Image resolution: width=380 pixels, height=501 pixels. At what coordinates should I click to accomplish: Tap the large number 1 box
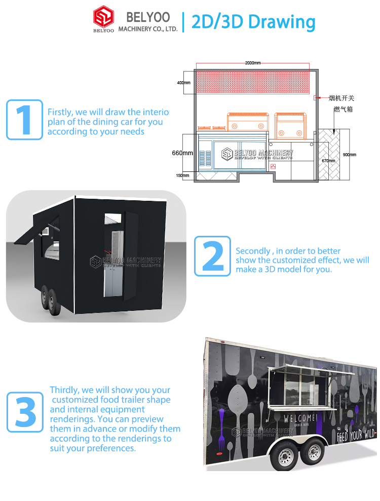point(24,120)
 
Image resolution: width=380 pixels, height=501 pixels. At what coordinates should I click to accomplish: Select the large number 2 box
point(212,256)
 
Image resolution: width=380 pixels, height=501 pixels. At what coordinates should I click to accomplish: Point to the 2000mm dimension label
point(252,63)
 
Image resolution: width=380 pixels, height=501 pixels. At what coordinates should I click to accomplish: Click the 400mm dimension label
point(184,83)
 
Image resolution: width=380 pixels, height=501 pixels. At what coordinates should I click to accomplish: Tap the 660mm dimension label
point(182,153)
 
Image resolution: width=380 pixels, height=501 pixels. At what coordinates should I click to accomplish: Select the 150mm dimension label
point(182,176)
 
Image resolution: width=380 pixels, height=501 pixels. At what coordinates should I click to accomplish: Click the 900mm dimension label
point(349,155)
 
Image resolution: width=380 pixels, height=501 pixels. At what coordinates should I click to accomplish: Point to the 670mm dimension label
point(328,161)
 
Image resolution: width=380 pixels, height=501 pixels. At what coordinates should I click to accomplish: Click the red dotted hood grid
point(252,82)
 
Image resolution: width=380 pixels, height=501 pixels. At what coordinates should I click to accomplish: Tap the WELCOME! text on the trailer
point(300,419)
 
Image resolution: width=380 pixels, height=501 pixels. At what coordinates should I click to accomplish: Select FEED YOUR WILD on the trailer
point(356,435)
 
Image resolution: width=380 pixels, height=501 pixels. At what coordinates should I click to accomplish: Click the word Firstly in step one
point(60,112)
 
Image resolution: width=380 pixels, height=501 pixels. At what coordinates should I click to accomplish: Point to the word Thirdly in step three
point(65,390)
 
